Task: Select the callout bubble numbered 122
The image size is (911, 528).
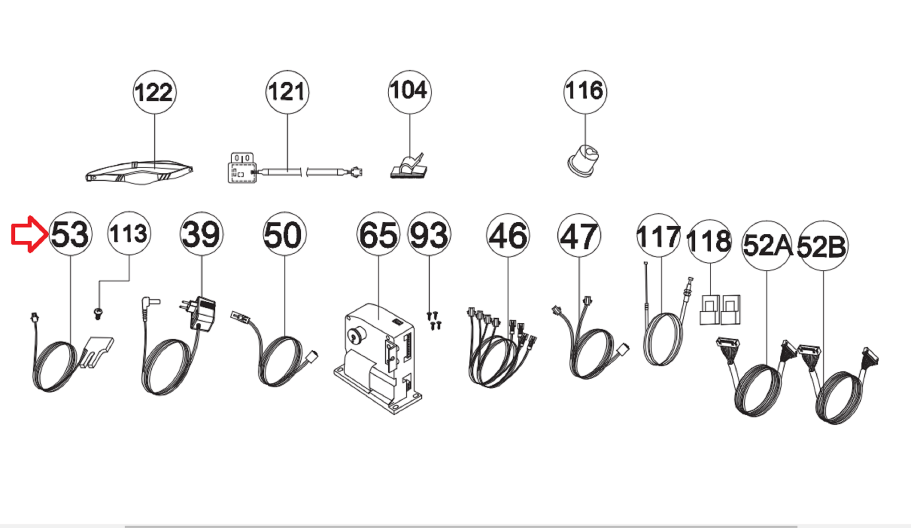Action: (154, 92)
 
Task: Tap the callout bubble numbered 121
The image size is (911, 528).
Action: (287, 92)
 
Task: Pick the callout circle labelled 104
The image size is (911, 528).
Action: (409, 92)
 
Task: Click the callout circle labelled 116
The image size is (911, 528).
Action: (585, 92)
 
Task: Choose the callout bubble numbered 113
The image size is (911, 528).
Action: (129, 233)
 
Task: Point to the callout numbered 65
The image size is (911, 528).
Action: (379, 234)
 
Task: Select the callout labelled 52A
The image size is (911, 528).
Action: (767, 245)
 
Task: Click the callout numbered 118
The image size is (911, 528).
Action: (710, 241)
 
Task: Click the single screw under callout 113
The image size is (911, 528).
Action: (98, 313)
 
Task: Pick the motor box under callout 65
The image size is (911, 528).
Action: (378, 359)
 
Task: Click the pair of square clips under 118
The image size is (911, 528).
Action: (720, 309)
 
